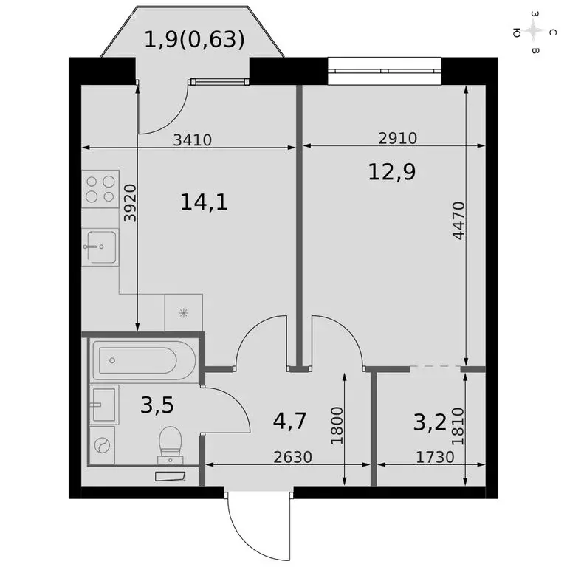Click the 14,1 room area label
coord(204,202)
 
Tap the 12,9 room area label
coord(392,172)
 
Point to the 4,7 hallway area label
coord(289,422)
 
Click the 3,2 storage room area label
coord(430,422)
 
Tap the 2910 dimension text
coord(397,138)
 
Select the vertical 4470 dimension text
coord(458,221)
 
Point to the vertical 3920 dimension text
coord(130,203)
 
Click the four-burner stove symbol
coord(101,188)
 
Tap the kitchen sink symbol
coord(100,245)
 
